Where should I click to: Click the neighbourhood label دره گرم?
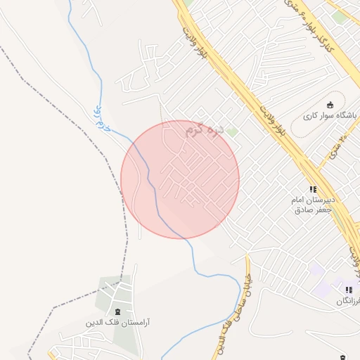207,130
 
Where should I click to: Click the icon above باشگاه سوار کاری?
330,105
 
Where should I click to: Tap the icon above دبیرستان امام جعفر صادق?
313,189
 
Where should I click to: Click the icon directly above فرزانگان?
349,290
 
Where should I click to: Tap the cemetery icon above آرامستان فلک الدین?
117,311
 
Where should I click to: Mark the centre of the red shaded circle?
180,179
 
